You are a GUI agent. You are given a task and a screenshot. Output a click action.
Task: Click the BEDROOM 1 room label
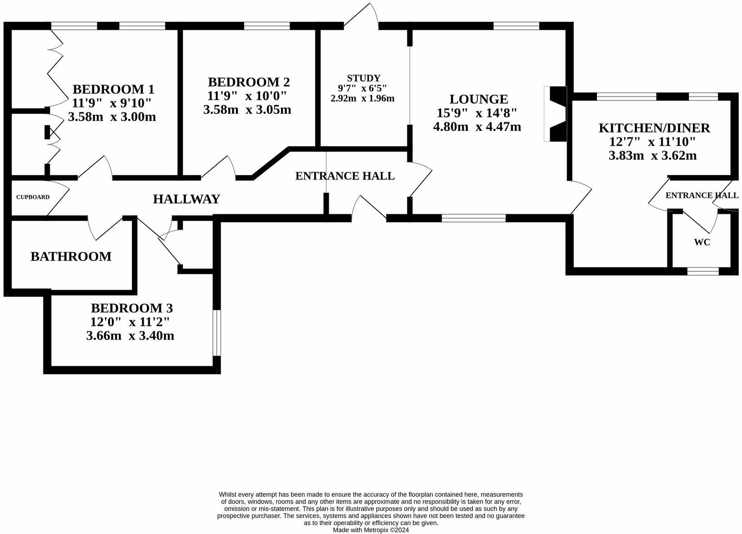(113, 89)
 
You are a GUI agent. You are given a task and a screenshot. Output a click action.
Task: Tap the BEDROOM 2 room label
(249, 82)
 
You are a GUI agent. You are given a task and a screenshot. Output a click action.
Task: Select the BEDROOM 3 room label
(131, 308)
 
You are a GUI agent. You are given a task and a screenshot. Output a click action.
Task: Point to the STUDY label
(363, 78)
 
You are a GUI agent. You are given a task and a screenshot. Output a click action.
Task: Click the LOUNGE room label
(478, 99)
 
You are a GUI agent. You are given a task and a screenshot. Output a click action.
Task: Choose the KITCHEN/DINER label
(654, 128)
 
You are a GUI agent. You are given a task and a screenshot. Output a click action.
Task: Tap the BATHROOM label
(71, 257)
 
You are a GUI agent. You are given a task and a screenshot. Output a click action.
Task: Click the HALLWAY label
(186, 199)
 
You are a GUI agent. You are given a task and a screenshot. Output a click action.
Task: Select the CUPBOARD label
(33, 197)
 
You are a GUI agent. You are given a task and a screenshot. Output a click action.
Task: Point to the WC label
(702, 242)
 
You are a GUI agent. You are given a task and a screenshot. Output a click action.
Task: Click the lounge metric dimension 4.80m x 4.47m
(477, 127)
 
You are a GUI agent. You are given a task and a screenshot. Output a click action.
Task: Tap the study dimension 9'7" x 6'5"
(362, 88)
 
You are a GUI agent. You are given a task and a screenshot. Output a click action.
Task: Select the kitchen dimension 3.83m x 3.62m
(652, 156)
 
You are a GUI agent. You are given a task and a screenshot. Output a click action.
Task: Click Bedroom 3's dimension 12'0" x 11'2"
(130, 322)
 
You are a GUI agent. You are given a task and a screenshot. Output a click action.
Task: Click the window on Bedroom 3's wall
(217, 332)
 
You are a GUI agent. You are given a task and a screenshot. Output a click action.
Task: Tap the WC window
(702, 272)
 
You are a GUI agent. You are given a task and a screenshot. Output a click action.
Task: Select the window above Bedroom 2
(267, 26)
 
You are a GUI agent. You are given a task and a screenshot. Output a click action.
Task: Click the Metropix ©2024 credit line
(371, 530)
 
